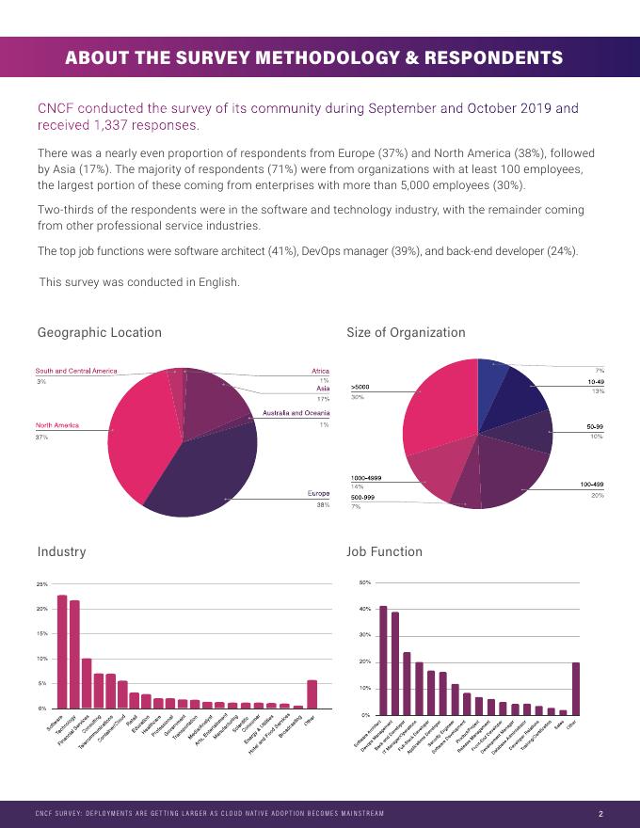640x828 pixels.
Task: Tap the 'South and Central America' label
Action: tap(76, 371)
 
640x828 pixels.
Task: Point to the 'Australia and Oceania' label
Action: tap(296, 413)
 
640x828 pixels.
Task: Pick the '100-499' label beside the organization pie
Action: tap(591, 484)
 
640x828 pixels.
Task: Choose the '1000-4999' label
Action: tap(366, 478)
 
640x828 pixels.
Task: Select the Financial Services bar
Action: tap(87, 683)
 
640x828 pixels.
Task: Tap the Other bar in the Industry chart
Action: tap(312, 693)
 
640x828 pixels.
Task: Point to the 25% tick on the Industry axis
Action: tap(42, 584)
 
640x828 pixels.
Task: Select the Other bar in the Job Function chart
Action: tap(575, 689)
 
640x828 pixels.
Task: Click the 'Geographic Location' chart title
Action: tap(100, 332)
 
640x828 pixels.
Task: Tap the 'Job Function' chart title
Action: tap(384, 551)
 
